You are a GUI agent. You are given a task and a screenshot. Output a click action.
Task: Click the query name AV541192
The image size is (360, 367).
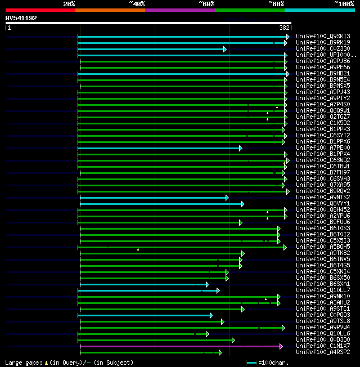21,18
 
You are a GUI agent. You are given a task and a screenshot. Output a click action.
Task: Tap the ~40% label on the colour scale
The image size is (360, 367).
137,4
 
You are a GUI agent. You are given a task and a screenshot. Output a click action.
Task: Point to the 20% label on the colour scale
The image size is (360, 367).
69,4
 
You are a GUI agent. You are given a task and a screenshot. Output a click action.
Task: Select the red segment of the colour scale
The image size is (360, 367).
40,10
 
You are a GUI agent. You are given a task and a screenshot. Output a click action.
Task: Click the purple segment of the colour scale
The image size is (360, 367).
179,10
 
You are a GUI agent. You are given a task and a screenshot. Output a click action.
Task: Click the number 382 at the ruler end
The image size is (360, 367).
285,28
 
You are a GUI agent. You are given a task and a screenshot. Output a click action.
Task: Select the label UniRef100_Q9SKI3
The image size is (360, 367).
322,37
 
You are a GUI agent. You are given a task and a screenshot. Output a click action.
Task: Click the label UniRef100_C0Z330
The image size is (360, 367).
322,49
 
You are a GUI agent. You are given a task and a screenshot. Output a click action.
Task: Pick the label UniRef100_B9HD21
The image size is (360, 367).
322,74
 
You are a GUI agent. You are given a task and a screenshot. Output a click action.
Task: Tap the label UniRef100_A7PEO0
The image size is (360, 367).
322,148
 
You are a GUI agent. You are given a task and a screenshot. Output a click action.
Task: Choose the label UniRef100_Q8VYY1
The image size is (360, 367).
322,204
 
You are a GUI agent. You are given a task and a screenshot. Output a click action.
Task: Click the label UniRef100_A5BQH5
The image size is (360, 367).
322,247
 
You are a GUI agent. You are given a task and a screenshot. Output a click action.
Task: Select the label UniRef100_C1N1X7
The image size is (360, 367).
322,346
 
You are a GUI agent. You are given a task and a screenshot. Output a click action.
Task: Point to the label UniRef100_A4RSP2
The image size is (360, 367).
322,352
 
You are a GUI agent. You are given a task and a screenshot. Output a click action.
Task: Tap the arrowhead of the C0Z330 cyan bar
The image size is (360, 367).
224,49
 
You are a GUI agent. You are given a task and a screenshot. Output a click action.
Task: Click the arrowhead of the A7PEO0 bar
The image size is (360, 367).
240,148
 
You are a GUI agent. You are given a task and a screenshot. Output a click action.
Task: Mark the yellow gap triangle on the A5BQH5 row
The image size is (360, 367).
138,249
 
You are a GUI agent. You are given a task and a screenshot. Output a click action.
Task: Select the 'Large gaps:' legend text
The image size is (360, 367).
23,363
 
